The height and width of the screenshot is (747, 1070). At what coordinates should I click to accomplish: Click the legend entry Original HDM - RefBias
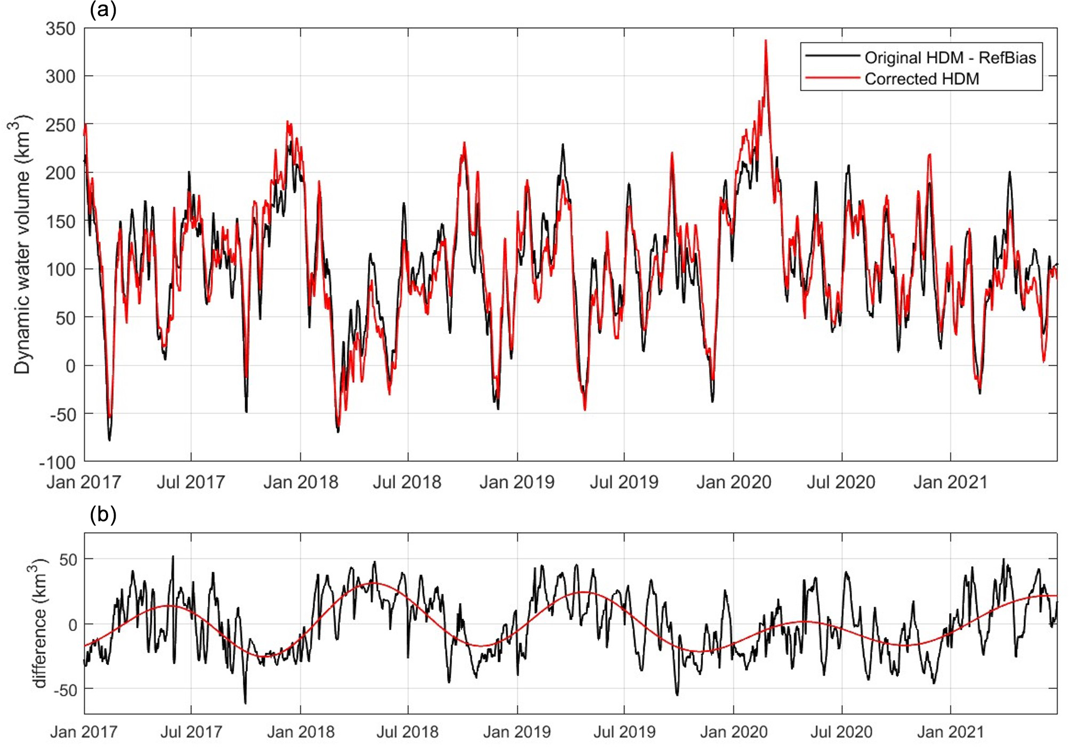pos(950,58)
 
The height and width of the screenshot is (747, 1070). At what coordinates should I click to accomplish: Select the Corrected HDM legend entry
pos(921,79)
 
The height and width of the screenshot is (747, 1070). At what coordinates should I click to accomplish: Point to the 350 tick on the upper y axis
pos(61,29)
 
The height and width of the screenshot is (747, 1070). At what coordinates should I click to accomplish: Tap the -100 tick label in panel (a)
pos(57,461)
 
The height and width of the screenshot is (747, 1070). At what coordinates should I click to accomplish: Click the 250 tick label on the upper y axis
pos(61,125)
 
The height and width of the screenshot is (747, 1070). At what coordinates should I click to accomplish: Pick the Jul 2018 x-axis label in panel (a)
pos(407,482)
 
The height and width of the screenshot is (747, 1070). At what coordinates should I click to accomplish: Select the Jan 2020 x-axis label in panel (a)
pos(733,482)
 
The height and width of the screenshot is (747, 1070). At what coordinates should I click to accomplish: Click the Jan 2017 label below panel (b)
pos(84,732)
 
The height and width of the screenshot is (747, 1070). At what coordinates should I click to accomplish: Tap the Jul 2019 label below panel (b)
pos(624,732)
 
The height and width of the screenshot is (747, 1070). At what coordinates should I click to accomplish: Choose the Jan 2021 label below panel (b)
pos(950,732)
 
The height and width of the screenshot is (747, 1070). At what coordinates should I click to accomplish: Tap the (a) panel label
pos(103,10)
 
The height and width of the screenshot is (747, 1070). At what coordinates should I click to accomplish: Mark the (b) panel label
pos(103,515)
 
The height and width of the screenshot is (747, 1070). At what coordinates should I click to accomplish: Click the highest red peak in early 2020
pos(766,40)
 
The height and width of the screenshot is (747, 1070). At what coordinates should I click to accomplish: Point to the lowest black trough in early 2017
pos(110,440)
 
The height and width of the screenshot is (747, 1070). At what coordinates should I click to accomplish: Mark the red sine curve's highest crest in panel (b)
pos(374,583)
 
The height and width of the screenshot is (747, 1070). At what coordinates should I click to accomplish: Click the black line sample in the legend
pos(832,56)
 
